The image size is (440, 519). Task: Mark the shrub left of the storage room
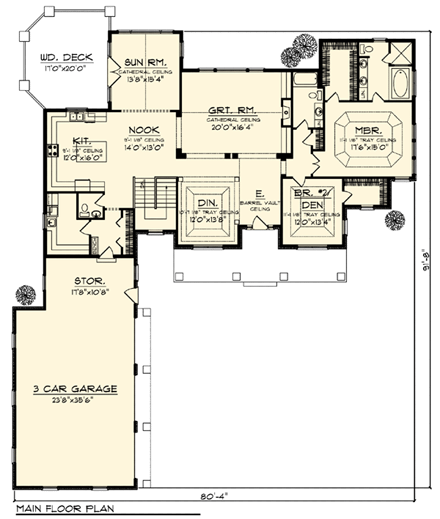click(x=21, y=295)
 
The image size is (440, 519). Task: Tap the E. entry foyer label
click(x=259, y=193)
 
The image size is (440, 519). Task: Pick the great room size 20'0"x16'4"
click(x=229, y=127)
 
